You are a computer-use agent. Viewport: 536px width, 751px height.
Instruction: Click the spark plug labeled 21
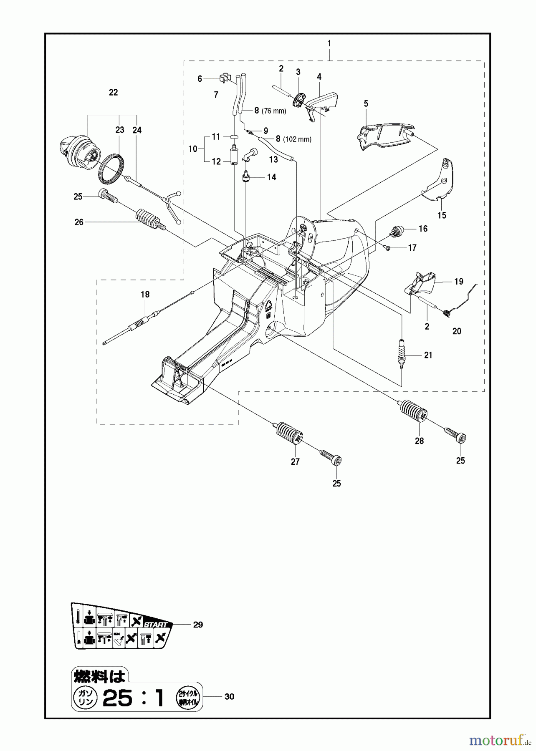402,354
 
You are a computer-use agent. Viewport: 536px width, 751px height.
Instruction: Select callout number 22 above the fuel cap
113,93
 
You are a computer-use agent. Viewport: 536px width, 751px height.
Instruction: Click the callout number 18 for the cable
145,295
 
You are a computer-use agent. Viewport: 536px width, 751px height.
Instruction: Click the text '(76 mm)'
274,111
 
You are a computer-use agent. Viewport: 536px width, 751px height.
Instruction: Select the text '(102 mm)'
297,139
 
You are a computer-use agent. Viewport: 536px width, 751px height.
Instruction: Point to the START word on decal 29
155,625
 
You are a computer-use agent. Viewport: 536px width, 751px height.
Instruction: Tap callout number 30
229,696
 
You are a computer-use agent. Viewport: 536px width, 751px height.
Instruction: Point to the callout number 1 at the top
329,43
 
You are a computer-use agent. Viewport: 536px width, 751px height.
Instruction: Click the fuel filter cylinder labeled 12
234,156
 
